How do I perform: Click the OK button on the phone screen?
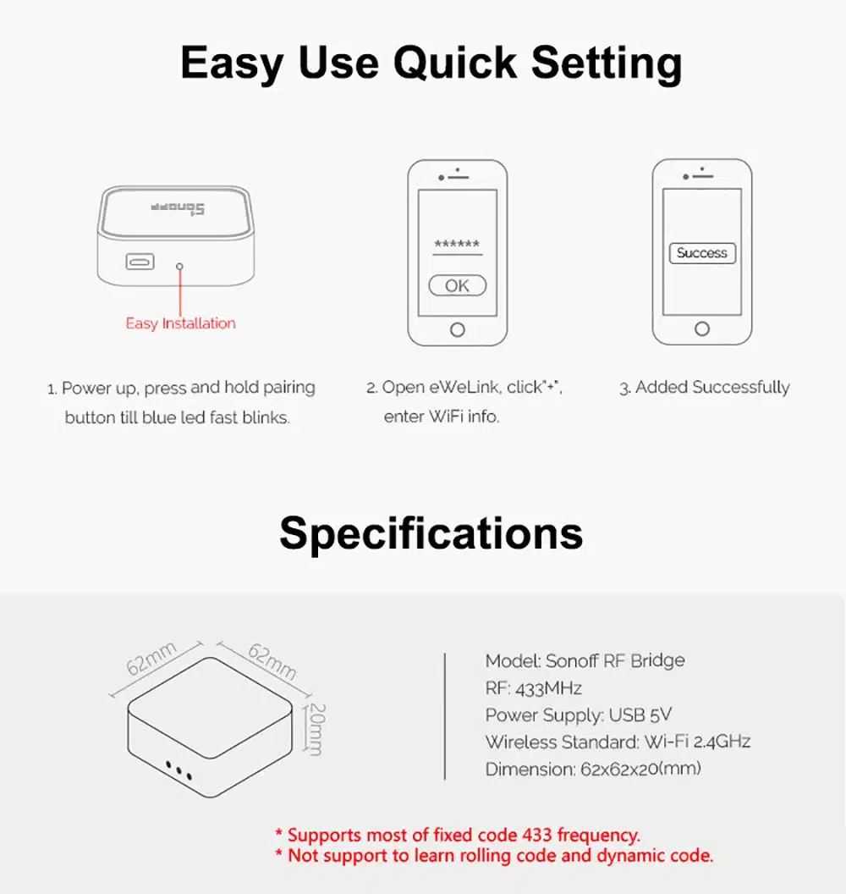click(x=458, y=285)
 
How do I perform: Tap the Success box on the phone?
click(x=702, y=253)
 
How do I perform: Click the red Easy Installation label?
click(x=180, y=324)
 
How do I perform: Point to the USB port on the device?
click(x=140, y=262)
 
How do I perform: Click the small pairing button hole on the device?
click(x=179, y=267)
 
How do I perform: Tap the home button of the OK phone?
click(x=458, y=329)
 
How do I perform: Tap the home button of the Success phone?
click(x=702, y=329)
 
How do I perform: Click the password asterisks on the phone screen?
click(x=457, y=244)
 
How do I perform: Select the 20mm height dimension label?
click(x=317, y=729)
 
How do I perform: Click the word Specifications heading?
click(x=431, y=533)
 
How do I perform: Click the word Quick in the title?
click(x=454, y=62)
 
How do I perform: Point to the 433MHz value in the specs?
click(x=548, y=688)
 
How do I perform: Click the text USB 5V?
click(x=640, y=715)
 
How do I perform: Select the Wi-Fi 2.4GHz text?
click(x=697, y=742)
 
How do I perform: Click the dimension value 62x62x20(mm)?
click(x=641, y=770)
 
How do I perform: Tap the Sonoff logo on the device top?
click(x=178, y=208)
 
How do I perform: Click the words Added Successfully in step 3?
click(x=712, y=387)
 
